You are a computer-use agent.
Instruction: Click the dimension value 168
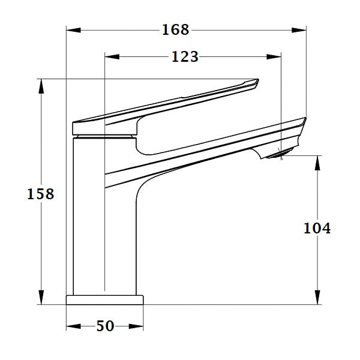[175, 29]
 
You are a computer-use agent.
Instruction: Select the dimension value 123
[185, 57]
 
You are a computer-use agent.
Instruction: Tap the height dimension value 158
[41, 194]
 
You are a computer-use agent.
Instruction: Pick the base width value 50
[105, 326]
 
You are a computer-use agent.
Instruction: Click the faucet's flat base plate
[105, 299]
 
